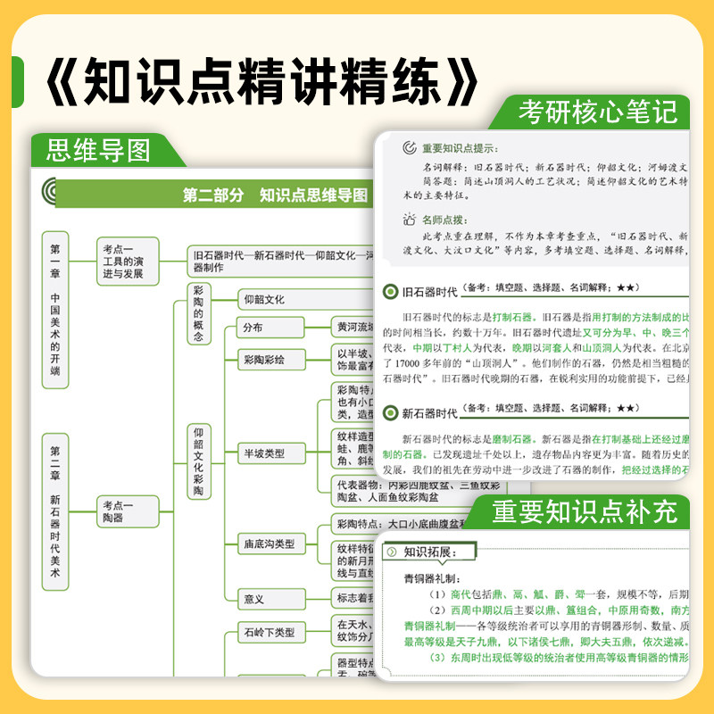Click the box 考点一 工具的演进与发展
click(128, 261)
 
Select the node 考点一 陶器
click(128, 511)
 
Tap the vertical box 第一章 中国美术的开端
click(55, 310)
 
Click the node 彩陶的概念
click(198, 314)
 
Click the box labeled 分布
click(253, 328)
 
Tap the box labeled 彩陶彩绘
click(264, 360)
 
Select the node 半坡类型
click(264, 453)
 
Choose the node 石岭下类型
click(270, 631)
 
